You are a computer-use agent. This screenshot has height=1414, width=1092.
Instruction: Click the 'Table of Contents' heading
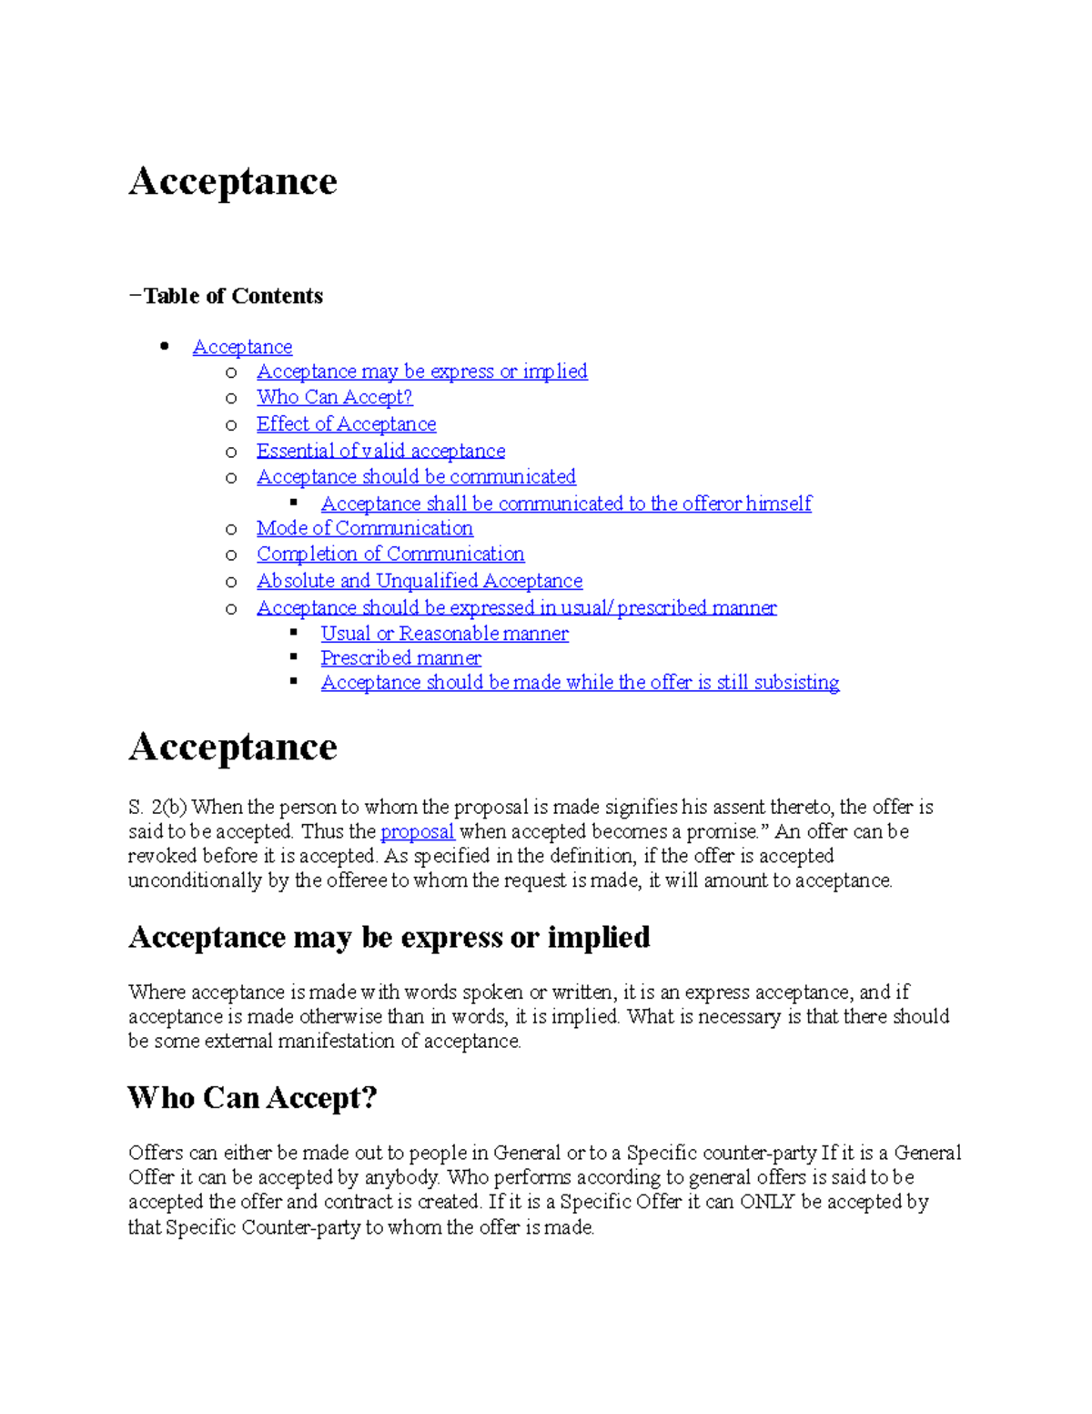point(233,296)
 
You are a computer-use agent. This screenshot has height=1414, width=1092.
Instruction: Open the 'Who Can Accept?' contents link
point(334,397)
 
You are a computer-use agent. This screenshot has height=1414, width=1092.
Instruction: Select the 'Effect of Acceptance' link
point(346,424)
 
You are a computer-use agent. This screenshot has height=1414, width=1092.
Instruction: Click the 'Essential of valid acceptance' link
point(380,451)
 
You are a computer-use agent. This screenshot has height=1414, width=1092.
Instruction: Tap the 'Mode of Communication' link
point(364,528)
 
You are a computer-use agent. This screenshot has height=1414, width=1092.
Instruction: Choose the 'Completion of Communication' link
point(389,554)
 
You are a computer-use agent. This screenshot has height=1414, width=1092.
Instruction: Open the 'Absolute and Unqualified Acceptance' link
point(420,581)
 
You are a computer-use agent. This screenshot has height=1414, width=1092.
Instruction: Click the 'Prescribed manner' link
point(400,657)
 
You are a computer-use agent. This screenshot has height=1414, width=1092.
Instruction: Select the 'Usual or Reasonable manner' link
point(444,634)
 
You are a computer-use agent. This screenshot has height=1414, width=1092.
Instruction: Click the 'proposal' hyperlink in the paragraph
point(417,831)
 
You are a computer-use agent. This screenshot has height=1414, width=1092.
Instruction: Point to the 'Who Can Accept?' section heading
point(252,1097)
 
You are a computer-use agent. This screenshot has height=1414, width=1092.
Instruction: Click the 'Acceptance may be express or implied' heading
point(389,937)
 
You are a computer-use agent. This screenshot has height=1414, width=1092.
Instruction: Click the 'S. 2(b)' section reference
point(157,807)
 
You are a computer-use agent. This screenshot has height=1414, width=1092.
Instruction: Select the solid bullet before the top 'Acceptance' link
point(165,346)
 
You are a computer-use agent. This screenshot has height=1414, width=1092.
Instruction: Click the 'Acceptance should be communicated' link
point(416,477)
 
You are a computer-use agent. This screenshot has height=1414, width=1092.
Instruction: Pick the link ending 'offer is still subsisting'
point(580,682)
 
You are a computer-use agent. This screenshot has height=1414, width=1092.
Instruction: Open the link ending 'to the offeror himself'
point(565,504)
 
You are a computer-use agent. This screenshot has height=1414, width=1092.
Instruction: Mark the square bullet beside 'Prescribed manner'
point(294,656)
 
